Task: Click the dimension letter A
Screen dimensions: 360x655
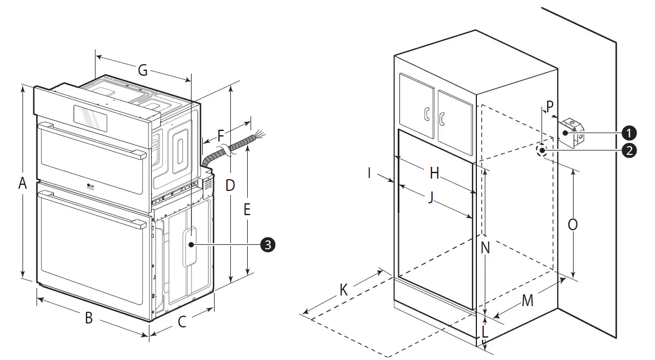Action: [22, 183]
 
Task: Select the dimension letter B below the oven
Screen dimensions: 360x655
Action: [88, 318]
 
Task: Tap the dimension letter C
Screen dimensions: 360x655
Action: [182, 322]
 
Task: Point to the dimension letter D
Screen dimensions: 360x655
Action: [230, 185]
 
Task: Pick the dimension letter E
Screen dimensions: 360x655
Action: [247, 209]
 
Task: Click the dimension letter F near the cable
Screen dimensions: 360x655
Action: [221, 135]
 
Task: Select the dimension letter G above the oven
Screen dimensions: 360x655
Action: [143, 71]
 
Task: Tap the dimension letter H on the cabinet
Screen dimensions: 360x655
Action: [434, 174]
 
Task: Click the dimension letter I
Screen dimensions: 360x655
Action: [369, 172]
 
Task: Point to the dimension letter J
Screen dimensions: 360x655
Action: [431, 198]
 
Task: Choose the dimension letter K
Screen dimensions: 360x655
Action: [344, 290]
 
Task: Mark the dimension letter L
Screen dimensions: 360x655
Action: [485, 331]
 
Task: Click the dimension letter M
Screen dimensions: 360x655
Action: [527, 300]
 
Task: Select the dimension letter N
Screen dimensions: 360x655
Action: [485, 247]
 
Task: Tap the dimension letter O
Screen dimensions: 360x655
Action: [572, 225]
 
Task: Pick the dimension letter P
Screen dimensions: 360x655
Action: [549, 105]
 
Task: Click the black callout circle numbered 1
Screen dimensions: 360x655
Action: [629, 133]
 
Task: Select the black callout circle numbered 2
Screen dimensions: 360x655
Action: [629, 150]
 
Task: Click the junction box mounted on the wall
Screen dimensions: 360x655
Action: [572, 133]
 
